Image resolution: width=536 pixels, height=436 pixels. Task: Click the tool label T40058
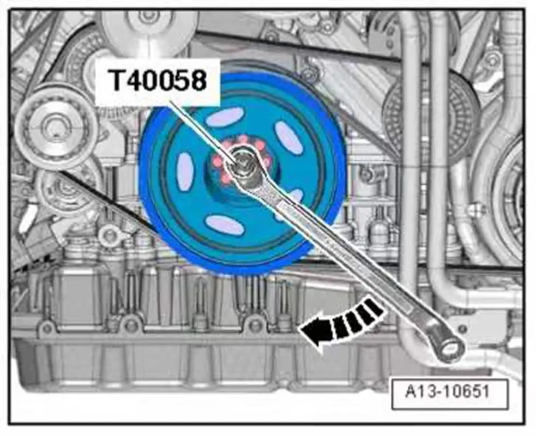tap(158, 81)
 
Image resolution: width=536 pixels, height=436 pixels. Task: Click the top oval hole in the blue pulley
tap(227, 117)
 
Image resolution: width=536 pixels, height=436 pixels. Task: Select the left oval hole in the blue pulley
tap(185, 171)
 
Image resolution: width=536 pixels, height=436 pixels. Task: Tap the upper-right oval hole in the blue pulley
tap(288, 137)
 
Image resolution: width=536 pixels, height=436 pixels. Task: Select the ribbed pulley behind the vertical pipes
tap(431, 115)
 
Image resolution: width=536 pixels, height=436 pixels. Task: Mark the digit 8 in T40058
tap(197, 81)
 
